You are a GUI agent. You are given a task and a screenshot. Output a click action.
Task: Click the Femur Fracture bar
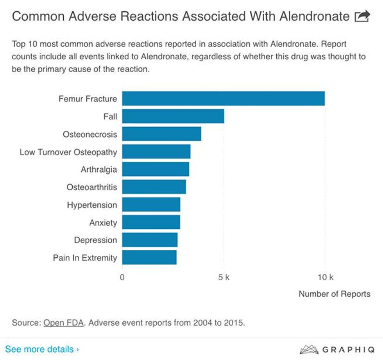click(223, 98)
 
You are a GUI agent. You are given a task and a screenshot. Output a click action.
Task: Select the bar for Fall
click(173, 116)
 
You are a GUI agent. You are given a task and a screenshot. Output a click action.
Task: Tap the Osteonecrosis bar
click(161, 134)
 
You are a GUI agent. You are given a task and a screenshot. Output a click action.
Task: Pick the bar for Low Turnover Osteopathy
click(156, 151)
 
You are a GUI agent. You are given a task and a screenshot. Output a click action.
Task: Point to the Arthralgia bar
click(156, 169)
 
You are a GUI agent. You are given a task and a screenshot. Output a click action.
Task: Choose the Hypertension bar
click(151, 205)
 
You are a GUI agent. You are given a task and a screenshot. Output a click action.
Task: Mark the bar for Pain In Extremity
click(149, 258)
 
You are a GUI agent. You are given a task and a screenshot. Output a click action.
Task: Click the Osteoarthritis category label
click(91, 187)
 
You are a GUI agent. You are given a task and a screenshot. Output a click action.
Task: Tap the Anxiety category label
click(103, 223)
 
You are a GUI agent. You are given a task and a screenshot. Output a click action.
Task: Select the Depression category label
click(95, 240)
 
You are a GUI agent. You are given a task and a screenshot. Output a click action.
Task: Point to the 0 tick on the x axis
click(122, 278)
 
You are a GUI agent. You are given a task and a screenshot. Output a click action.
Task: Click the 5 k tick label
click(224, 278)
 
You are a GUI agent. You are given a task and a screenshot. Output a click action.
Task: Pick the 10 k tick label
click(325, 278)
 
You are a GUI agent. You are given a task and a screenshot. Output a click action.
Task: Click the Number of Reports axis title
click(334, 294)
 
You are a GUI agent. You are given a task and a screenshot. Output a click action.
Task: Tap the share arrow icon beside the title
click(362, 16)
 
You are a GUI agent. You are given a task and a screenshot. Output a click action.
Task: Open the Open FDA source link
click(63, 323)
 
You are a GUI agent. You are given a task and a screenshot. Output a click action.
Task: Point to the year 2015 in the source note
click(234, 323)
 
